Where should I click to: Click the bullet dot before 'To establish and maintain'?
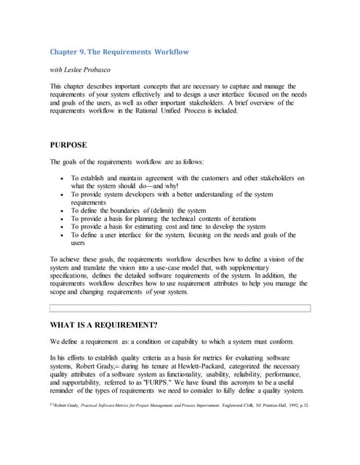pyautogui.click(x=63, y=178)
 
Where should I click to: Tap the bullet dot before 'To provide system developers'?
pyautogui.click(x=63, y=194)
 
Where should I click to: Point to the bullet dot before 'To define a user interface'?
pyautogui.click(x=63, y=235)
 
